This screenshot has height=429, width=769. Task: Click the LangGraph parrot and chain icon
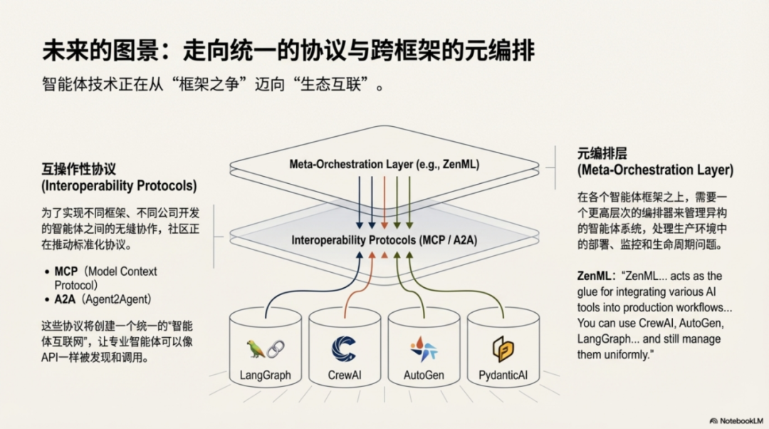pos(265,348)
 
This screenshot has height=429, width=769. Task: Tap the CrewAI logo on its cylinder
pos(344,348)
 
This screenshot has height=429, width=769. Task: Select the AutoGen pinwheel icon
pos(423,348)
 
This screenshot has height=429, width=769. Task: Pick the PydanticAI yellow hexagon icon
pos(503,348)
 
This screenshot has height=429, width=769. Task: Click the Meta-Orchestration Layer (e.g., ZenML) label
pos(384,164)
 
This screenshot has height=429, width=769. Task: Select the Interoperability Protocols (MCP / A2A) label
pos(384,240)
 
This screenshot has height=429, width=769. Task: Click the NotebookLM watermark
pos(738,420)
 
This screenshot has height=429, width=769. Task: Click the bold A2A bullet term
pos(65,299)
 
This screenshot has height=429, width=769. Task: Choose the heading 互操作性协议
pos(78,170)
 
